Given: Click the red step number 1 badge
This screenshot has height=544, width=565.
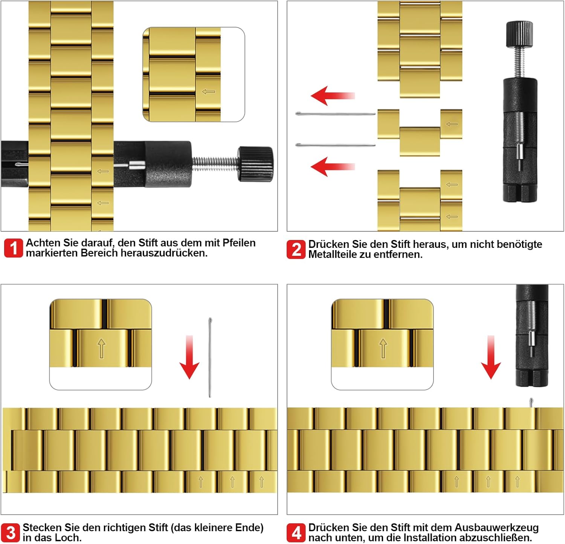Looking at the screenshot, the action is (14, 248).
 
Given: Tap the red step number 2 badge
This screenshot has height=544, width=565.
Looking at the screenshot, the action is (296, 249).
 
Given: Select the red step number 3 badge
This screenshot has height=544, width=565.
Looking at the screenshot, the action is (11, 533).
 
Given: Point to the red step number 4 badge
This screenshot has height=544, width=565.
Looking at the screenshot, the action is (296, 533).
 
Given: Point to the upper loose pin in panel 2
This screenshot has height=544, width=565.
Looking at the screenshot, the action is (335, 113).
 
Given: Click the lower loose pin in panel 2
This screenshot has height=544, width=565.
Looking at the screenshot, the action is (335, 145).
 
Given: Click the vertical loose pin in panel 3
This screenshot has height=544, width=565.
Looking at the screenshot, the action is (210, 357).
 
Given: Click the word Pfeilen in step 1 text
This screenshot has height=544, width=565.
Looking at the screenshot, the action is (239, 243).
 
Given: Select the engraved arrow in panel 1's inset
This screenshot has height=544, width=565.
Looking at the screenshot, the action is (209, 92).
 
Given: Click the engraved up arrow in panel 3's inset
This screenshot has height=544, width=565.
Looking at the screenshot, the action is (101, 348).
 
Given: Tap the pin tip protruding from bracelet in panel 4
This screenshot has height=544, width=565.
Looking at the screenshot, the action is (531, 403).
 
